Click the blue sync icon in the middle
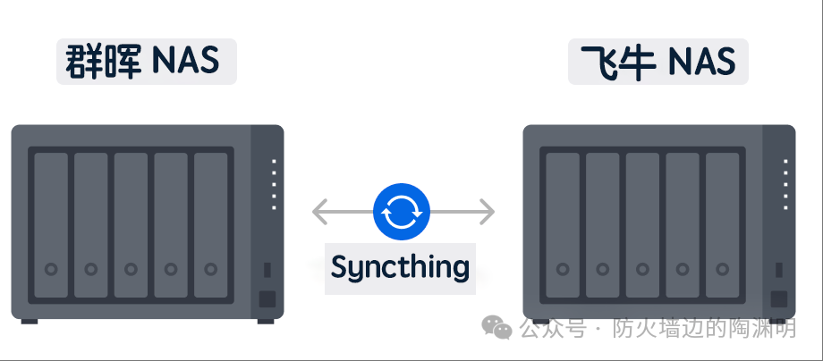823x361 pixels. tap(402, 213)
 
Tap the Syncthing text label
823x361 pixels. tap(400, 266)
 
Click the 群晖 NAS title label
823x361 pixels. tap(146, 62)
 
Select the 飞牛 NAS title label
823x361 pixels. tap(658, 62)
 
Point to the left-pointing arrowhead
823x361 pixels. tap(318, 213)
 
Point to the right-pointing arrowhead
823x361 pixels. tap(488, 213)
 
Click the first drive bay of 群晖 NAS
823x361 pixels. tap(51, 224)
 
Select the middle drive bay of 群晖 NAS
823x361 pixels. tap(131, 224)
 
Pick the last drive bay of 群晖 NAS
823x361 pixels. tap(211, 224)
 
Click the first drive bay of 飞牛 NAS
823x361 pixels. tap(563, 224)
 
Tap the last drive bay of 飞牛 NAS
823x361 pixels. tap(723, 224)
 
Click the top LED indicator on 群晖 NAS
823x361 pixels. tap(274, 162)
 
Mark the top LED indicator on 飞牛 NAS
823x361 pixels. tap(785, 162)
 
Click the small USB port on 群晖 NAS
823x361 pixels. tap(267, 269)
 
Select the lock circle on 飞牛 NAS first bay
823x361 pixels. tap(563, 268)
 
